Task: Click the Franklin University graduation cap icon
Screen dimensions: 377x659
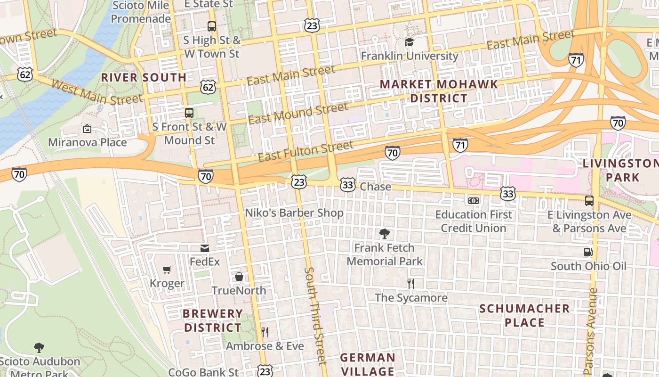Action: click(x=409, y=42)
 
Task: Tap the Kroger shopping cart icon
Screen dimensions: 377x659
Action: click(x=167, y=270)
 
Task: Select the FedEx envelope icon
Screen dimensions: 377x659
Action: click(x=205, y=248)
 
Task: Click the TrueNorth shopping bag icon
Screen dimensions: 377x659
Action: click(x=239, y=277)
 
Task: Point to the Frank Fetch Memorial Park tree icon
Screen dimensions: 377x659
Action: click(x=385, y=233)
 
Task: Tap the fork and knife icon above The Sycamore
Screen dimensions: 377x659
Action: click(x=411, y=283)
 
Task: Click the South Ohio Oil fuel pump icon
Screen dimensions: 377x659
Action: click(x=588, y=252)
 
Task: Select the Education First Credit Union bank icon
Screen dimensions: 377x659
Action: click(x=474, y=201)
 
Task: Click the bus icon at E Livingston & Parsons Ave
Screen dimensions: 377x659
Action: click(x=589, y=201)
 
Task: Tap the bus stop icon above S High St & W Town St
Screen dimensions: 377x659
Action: click(x=212, y=26)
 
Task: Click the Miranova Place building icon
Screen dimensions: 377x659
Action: click(x=87, y=128)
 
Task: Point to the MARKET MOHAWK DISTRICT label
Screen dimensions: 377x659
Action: click(x=439, y=91)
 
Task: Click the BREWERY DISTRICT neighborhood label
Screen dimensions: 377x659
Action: click(x=213, y=320)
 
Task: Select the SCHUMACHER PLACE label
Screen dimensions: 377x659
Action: click(x=524, y=315)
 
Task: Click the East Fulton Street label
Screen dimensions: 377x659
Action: click(x=305, y=151)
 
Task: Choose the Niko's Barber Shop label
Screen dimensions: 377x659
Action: click(x=294, y=213)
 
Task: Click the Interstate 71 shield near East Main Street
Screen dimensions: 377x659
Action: click(x=576, y=60)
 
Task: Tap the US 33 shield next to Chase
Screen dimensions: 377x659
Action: click(x=347, y=185)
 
